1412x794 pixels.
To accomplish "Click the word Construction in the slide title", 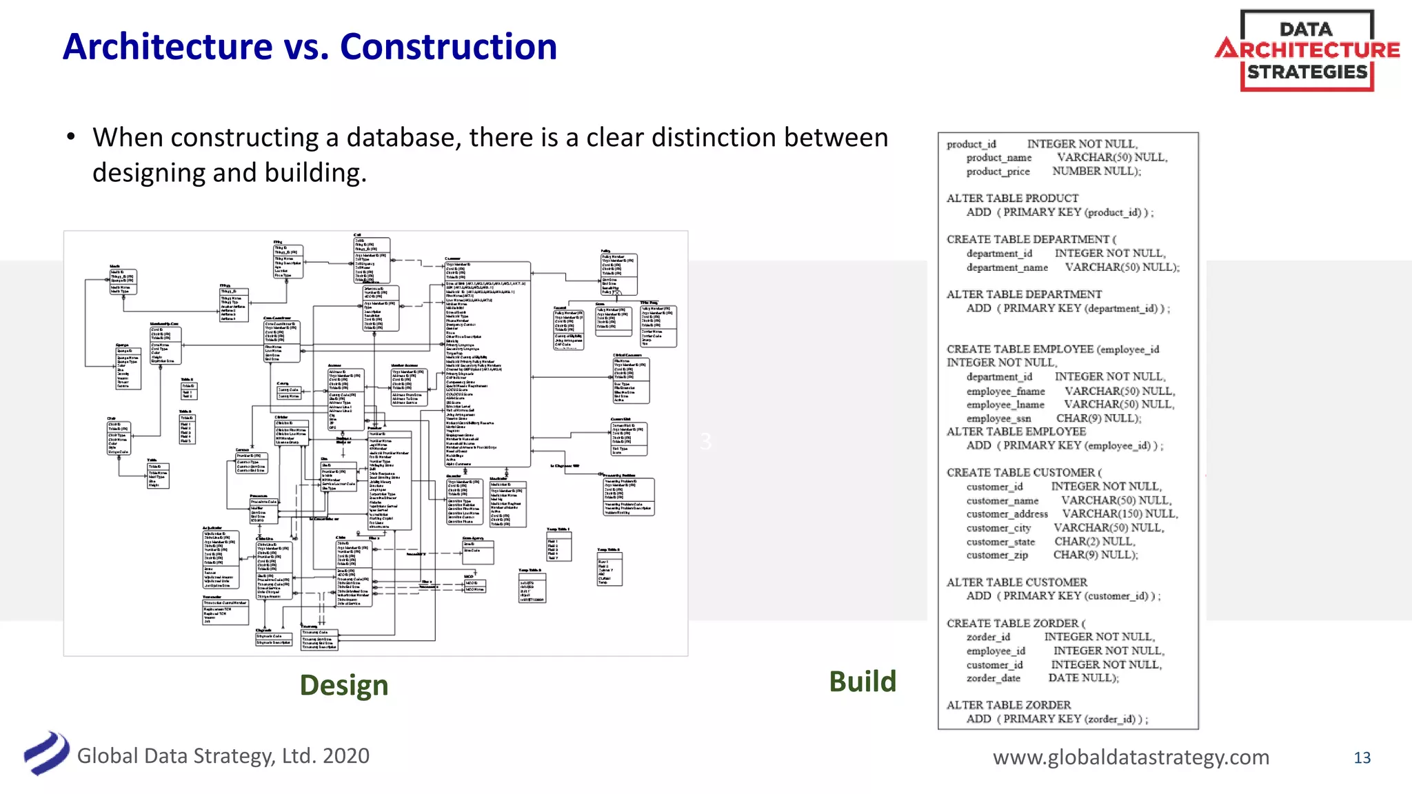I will (448, 47).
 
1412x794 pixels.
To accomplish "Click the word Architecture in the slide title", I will (168, 47).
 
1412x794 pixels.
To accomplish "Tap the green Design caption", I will (343, 684).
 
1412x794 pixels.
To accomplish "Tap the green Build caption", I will (862, 681).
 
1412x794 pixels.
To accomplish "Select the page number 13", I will (1362, 757).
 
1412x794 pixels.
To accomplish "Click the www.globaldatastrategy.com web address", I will (1131, 757).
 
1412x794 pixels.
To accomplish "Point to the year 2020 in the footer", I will (345, 755).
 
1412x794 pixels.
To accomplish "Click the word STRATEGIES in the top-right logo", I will (1307, 72).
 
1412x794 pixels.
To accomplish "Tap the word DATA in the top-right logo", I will (1306, 29).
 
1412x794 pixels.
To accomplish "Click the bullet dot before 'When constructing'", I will (71, 136).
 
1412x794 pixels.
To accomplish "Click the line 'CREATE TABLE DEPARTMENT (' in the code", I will (1031, 239).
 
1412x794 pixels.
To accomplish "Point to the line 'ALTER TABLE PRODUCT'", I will (1012, 198).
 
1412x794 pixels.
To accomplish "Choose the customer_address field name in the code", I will (1007, 514).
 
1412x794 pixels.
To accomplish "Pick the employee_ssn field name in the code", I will (998, 418).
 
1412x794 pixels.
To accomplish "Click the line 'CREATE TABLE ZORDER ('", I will (1016, 623).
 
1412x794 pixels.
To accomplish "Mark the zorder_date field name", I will (993, 678).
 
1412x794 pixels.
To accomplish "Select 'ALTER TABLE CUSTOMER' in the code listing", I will (1016, 582).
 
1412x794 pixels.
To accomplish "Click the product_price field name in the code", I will (998, 172).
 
